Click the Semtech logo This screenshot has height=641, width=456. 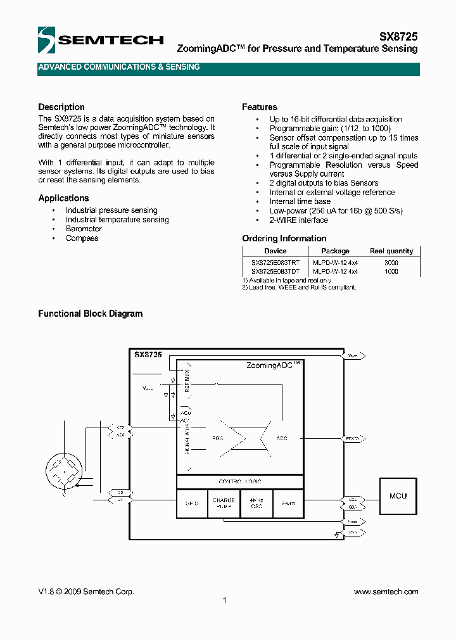100,41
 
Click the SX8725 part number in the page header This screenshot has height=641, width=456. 398,37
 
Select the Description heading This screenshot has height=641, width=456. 61,107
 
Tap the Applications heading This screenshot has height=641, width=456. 63,198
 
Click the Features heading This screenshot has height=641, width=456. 260,107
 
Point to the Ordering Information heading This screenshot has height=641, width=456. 284,239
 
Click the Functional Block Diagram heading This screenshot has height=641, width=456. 91,314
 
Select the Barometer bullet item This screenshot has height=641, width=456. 84,229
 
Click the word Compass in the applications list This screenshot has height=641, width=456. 82,238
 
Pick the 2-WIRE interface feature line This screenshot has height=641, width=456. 299,220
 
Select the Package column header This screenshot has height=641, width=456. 335,251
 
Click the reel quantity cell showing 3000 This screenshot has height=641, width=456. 391,262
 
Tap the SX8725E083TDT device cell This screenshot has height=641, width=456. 275,271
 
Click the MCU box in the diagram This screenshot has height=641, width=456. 398,496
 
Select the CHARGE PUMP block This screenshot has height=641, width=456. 224,504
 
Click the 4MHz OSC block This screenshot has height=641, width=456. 256,504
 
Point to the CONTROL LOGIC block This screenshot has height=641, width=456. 240,482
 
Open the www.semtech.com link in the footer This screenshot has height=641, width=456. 386,592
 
